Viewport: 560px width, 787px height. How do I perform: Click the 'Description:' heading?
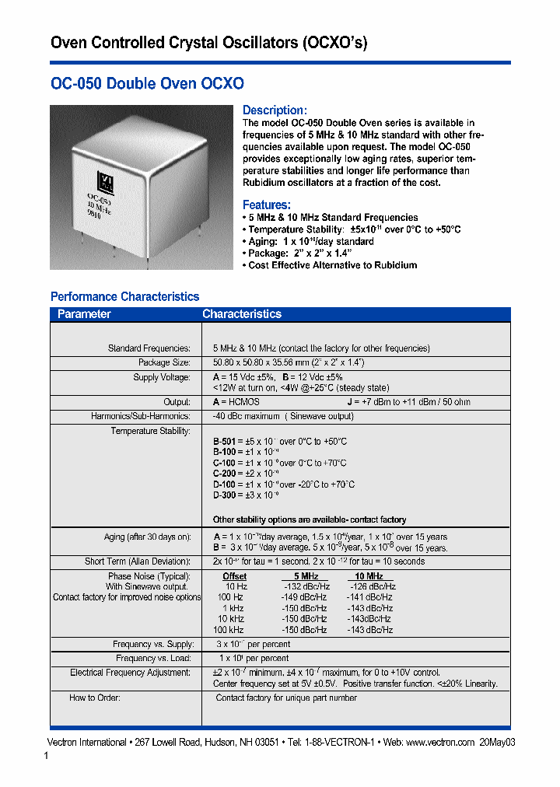click(275, 110)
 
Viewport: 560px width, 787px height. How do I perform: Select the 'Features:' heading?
click(267, 205)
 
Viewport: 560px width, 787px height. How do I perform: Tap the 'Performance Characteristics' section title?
click(124, 296)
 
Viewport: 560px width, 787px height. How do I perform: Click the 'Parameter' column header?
click(84, 314)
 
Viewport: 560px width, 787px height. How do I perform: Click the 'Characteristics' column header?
click(241, 314)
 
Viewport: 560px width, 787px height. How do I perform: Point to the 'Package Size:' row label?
click(164, 362)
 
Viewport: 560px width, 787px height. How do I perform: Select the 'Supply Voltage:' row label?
click(162, 377)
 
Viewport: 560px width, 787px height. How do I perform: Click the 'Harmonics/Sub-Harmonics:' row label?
click(141, 416)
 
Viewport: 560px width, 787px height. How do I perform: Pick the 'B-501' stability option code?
click(224, 441)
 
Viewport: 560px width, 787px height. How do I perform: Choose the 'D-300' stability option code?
click(224, 495)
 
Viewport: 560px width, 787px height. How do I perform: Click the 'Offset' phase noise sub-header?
click(235, 576)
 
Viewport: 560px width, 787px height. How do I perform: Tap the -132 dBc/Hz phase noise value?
click(306, 586)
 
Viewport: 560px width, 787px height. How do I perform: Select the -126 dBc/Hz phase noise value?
click(371, 586)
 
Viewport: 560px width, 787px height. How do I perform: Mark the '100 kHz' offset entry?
click(228, 630)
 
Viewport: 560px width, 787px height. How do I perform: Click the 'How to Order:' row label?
click(95, 698)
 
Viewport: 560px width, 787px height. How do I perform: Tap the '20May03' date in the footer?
click(498, 742)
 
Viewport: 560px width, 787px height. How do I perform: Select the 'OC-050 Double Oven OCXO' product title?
click(147, 83)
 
